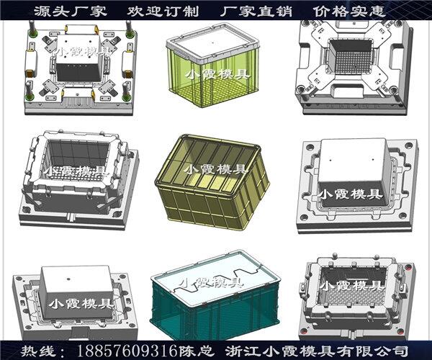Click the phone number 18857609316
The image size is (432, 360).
coord(127,351)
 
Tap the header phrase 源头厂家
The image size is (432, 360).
coord(71,12)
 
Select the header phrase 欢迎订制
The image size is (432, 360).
coord(163,12)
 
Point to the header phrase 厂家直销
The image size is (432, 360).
coord(256,12)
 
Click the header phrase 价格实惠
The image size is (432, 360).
coord(349,12)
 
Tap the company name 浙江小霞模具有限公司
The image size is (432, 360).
coord(317,351)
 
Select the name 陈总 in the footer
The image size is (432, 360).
coord(197,351)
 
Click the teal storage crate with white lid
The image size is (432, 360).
coord(215,294)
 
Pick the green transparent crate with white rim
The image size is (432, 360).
coord(212,66)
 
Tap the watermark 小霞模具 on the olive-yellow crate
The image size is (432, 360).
coord(215,168)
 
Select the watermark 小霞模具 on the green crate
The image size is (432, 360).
coord(217,74)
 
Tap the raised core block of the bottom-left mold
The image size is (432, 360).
coord(78,292)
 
